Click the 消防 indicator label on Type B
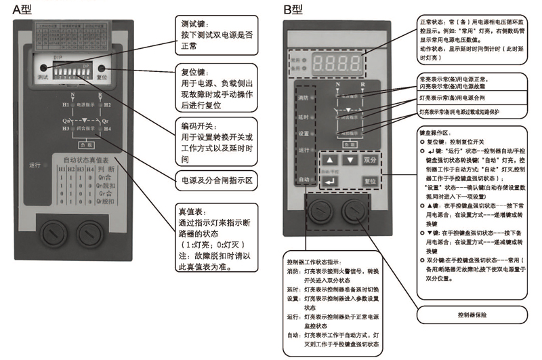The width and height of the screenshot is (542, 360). pyautogui.click(x=303, y=99)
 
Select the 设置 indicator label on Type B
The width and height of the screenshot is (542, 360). pyautogui.click(x=303, y=133)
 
